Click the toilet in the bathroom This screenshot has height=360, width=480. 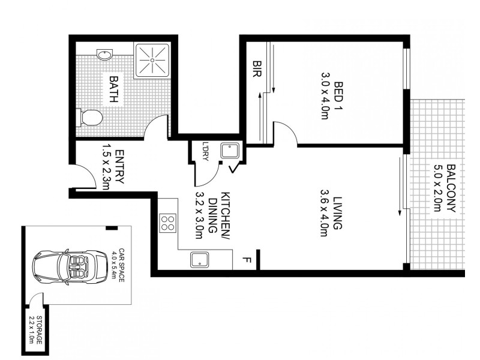pyautogui.click(x=90, y=117)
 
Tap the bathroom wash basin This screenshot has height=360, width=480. pyautogui.click(x=106, y=55)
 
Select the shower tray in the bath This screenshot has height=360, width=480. pyautogui.click(x=153, y=60)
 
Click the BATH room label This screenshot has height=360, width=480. pyautogui.click(x=112, y=89)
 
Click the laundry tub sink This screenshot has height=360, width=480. pyautogui.click(x=229, y=150)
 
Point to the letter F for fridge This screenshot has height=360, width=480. pyautogui.click(x=245, y=260)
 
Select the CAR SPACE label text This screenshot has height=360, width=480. pyautogui.click(x=121, y=265)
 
